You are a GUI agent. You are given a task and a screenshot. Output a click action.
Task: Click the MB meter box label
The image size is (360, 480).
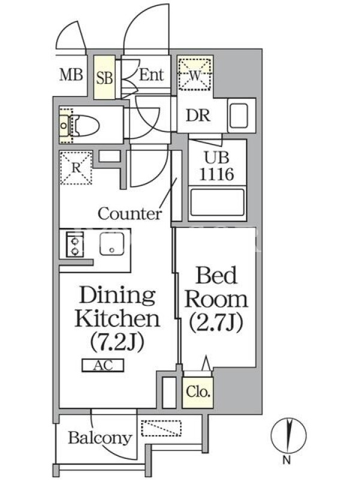(71, 75)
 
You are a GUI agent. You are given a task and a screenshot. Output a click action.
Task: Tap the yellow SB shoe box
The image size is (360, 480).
(104, 77)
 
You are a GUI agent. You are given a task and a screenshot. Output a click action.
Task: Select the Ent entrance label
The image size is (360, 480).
(152, 74)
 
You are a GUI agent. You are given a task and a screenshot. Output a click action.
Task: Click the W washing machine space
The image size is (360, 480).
(195, 74)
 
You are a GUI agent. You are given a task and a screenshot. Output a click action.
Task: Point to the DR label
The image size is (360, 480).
(198, 116)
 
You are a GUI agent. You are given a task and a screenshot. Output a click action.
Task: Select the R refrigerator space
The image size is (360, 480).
(76, 168)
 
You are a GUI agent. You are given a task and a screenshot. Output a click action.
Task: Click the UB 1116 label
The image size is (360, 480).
(217, 166)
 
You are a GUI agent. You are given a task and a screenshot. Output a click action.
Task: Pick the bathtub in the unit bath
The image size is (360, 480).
(217, 203)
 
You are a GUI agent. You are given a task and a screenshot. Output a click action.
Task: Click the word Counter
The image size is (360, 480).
(130, 214)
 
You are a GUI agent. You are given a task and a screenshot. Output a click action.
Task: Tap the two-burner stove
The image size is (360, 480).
(75, 244)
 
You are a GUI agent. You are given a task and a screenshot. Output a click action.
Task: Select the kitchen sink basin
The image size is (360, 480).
(112, 244)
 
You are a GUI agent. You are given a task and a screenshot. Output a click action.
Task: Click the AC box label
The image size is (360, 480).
(103, 365)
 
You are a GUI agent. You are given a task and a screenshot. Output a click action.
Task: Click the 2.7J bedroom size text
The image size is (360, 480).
(216, 322)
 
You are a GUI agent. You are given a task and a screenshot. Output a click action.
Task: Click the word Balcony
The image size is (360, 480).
(100, 438)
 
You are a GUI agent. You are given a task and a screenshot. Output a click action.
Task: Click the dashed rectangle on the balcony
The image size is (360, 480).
(161, 428)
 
